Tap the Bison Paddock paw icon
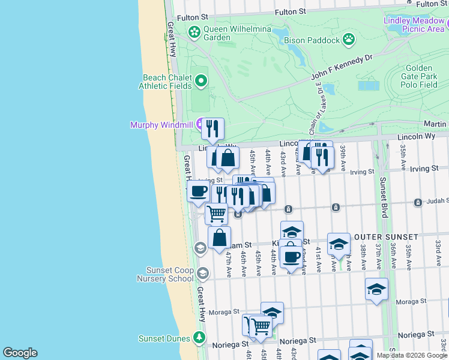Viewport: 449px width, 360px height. pos(349,40)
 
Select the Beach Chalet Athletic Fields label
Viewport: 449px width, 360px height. pos(167,82)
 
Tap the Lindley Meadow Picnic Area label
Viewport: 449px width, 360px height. pos(414,24)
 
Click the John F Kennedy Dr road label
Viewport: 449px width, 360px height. pos(342,68)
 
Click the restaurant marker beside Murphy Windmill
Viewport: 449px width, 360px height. pos(212,128)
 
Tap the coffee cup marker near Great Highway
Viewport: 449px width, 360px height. pos(198,191)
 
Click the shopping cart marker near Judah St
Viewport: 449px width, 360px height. pos(216,213)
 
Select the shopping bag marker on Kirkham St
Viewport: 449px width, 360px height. pos(220,236)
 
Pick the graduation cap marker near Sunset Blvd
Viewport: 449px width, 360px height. pos(376,289)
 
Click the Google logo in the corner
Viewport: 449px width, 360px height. pos(20,352)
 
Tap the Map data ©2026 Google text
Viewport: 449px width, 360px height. pos(412,355)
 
